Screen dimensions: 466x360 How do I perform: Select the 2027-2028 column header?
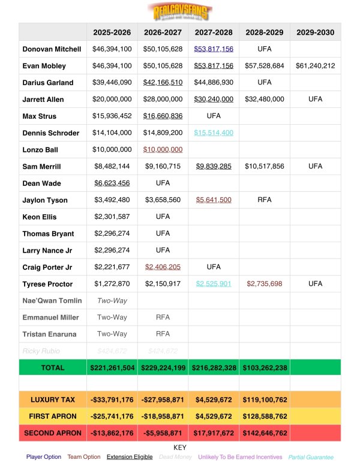214,32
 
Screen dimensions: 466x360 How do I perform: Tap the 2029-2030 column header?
315,32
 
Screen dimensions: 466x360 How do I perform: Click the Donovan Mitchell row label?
48,49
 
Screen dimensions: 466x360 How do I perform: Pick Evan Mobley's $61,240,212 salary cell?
315,66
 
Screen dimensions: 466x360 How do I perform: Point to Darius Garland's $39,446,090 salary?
112,83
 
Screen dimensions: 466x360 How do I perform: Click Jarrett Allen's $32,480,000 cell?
265,100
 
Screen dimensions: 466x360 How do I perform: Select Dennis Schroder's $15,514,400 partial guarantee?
214,133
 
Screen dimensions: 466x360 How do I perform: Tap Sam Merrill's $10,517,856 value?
265,167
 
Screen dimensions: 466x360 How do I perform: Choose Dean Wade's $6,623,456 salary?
112,184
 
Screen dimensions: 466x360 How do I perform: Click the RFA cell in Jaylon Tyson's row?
265,200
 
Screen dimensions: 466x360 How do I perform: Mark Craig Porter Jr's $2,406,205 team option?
163,267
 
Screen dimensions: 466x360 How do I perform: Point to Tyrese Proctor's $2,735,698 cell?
265,284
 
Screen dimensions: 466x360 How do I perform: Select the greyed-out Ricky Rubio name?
43,351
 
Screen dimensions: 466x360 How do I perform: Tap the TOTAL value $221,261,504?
112,368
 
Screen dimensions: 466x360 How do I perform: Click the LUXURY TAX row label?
52,399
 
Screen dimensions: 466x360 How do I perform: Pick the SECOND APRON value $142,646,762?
265,433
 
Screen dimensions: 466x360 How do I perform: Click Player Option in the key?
43,457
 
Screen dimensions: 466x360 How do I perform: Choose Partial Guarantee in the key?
310,457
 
